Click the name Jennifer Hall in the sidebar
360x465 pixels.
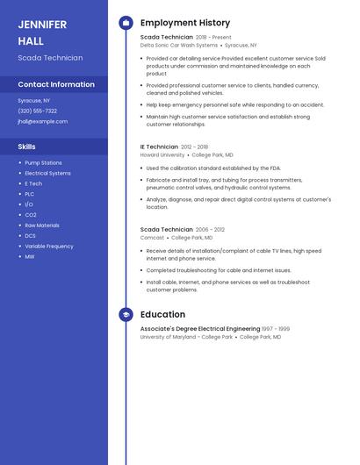42,32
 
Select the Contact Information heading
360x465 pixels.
56,84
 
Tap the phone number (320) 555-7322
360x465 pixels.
37,111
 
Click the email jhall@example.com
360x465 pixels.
42,121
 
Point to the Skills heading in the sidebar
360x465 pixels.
27,147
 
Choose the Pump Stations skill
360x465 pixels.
43,163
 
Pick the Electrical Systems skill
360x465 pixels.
47,174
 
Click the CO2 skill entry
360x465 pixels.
31,215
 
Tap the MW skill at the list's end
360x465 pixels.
30,257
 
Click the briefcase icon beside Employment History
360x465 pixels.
126,23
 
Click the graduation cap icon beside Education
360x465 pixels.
126,314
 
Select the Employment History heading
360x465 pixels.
185,23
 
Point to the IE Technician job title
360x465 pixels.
159,147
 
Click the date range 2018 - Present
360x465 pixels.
213,38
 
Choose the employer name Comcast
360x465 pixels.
152,237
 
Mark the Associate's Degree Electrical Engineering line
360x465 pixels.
200,329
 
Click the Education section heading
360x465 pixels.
162,314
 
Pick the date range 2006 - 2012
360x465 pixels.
210,229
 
